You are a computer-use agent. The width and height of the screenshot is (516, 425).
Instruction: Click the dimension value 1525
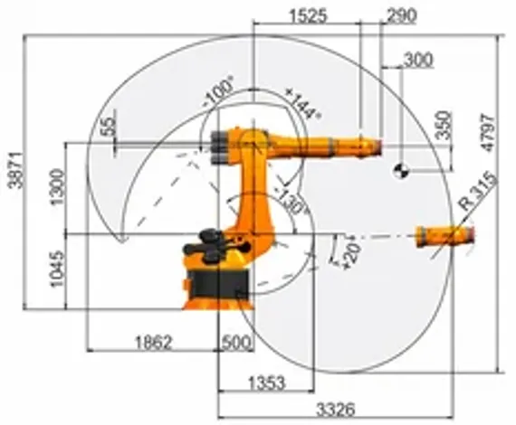tap(308, 15)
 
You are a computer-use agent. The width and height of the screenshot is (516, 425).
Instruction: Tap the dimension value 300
tap(417, 60)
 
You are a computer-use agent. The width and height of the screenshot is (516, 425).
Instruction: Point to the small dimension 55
tap(110, 126)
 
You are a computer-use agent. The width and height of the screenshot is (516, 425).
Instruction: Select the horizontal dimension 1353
tap(265, 382)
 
